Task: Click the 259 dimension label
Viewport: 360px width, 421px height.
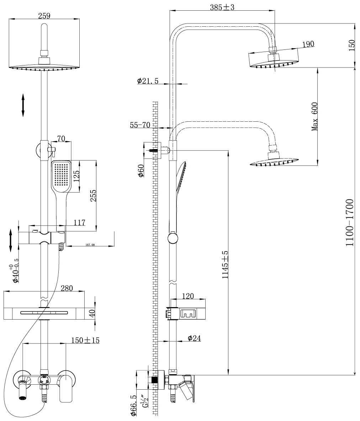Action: [x=44, y=15]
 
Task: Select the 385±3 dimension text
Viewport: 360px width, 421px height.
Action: [x=222, y=7]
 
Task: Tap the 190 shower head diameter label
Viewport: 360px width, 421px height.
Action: [x=308, y=44]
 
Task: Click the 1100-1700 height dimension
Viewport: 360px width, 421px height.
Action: [x=350, y=223]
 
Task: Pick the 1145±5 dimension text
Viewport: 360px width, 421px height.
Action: [x=225, y=265]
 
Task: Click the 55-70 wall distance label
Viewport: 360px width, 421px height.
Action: [x=140, y=125]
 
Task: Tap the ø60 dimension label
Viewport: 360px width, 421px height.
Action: [x=141, y=171]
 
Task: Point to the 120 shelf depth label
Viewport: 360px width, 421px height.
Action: [x=188, y=296]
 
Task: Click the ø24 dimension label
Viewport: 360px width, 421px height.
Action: [x=194, y=338]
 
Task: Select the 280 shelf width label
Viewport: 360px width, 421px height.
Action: [x=67, y=288]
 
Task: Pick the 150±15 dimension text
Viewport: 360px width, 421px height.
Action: [x=85, y=340]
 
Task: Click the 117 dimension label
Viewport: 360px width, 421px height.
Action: [x=79, y=222]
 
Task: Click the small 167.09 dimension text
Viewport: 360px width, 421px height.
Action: [x=90, y=245]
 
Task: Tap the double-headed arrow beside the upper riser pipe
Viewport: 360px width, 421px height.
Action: [x=23, y=105]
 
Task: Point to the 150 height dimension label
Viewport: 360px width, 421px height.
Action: [x=351, y=45]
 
